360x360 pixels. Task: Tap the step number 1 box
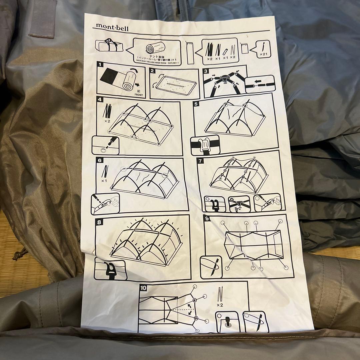click(100, 65)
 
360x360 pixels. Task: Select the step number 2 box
click(153, 71)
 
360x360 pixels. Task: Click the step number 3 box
click(206, 71)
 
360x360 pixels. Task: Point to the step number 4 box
click(99, 99)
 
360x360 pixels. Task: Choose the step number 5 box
click(196, 104)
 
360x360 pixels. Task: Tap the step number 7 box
click(200, 161)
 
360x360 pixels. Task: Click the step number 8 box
click(99, 221)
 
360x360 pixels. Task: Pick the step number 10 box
click(143, 287)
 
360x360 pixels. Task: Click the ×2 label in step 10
click(220, 305)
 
